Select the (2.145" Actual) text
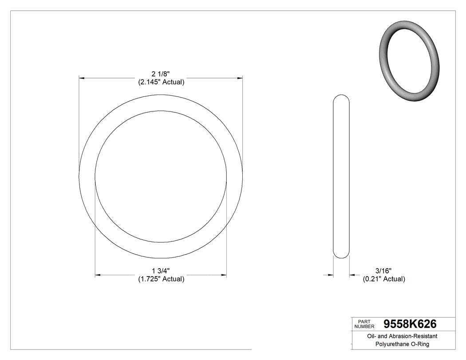coord(161,82)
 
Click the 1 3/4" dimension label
coord(161,271)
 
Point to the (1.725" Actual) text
coord(161,279)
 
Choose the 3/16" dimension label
coord(383,271)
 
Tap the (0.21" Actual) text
coord(384,279)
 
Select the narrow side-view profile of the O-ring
coord(341,178)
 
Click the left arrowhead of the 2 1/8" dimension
coord(82,78)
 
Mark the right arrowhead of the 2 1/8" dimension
coord(240,78)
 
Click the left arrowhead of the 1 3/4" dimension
coord(98,275)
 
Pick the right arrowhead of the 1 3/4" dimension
coord(224,275)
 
